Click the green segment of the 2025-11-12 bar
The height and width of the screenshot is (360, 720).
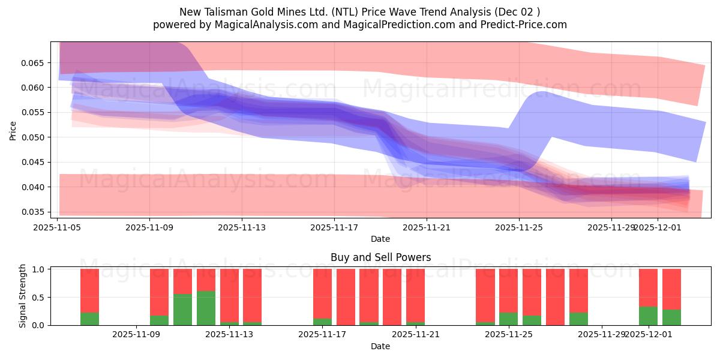206,308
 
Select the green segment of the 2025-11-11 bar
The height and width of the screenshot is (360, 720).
182,310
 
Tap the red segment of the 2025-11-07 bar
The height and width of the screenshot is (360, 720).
89,290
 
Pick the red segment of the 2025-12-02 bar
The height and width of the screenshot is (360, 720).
671,289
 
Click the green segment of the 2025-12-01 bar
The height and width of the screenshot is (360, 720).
648,316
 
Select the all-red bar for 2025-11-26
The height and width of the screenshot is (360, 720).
555,297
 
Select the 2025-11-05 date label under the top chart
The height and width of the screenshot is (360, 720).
57,227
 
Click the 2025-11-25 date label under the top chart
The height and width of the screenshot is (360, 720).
519,227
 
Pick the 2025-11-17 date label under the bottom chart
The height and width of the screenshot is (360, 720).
322,335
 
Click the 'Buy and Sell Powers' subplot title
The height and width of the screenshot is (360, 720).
380,257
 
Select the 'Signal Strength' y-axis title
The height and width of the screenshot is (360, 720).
22,296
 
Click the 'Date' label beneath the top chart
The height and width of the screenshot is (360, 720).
380,239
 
